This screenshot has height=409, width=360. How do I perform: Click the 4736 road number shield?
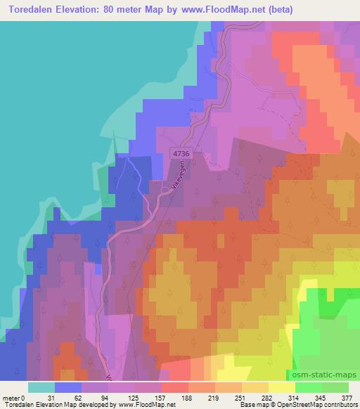[x=181, y=153]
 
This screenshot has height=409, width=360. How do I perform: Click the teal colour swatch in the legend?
[x=41, y=387]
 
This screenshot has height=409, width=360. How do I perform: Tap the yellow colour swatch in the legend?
[x=281, y=387]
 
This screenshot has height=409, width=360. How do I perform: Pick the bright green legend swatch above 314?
[x=308, y=387]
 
